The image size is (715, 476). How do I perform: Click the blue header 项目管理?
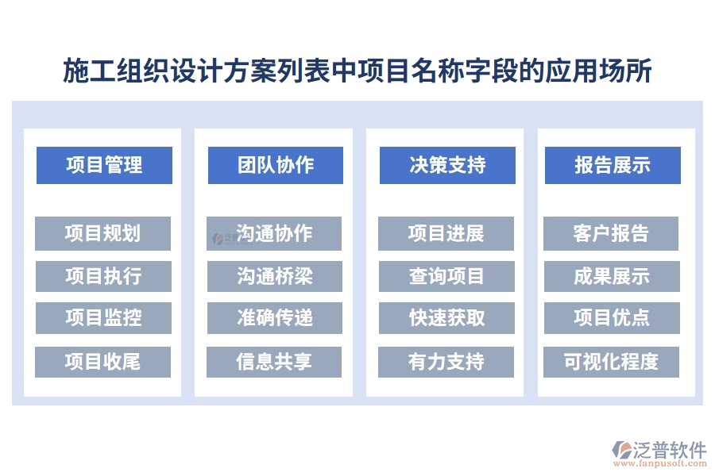[104, 165]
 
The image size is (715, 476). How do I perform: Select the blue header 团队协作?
[276, 165]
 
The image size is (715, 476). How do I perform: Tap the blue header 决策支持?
[447, 165]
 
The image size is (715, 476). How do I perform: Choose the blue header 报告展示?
[613, 165]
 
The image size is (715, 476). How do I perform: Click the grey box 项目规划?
[103, 233]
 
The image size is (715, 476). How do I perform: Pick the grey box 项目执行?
[103, 276]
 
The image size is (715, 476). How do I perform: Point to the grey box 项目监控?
[103, 318]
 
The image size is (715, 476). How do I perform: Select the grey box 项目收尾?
[103, 362]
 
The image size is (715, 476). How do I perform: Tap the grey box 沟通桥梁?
[274, 276]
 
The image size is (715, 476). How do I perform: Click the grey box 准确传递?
[274, 318]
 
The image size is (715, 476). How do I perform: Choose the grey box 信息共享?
[274, 362]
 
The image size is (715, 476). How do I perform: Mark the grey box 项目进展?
[446, 233]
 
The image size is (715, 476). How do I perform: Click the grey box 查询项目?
[446, 276]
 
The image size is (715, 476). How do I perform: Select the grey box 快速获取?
[446, 318]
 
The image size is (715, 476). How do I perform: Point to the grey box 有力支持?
[446, 362]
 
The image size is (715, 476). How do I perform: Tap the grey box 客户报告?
[611, 233]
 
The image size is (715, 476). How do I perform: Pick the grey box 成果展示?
[611, 276]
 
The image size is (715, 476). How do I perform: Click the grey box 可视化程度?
[611, 362]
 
